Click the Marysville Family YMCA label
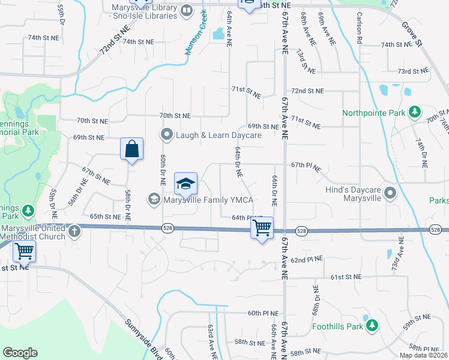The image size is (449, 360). pos(208,199)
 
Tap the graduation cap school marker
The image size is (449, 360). pos(186,184)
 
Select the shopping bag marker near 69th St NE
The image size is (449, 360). pos(131,149)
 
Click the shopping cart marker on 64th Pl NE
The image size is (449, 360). pos(262,228)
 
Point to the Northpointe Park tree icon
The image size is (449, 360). pos(414,112)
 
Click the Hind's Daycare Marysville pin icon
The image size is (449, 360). pos(391,193)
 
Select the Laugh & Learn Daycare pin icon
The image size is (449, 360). pos(167,134)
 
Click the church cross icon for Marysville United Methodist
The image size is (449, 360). pos(74,231)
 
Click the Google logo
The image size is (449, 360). pos(20,352)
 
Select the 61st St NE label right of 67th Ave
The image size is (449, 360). pos(346,277)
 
